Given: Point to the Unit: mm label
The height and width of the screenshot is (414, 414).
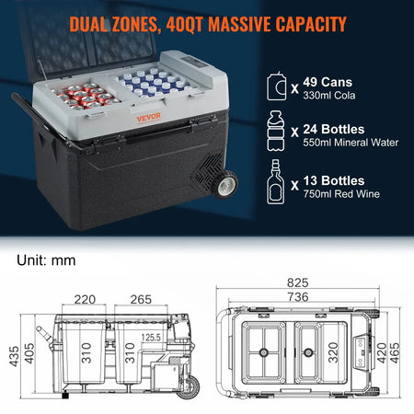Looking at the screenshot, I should click(x=47, y=260).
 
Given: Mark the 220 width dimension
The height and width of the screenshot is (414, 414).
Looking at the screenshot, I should click(x=85, y=299).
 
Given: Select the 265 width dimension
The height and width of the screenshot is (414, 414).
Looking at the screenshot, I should click(x=141, y=299).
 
